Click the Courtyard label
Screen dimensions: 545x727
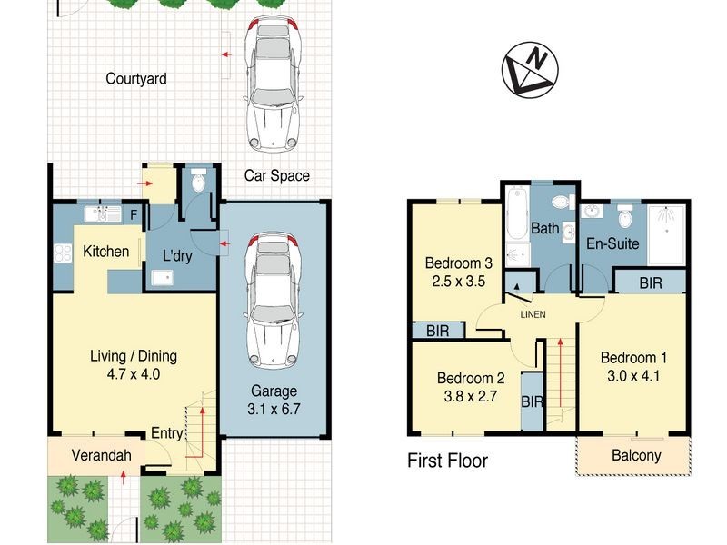(135, 79)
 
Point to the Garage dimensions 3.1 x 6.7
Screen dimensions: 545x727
(273, 409)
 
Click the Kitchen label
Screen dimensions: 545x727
(106, 252)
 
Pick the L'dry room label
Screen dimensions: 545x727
(176, 256)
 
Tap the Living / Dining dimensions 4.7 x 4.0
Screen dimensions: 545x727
(133, 372)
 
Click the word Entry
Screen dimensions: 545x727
(167, 433)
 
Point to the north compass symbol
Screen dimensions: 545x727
(531, 68)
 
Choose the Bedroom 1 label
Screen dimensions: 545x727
(628, 356)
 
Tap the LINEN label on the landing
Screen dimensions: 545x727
(533, 314)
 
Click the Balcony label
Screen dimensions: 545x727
(636, 456)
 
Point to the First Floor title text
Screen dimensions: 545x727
(447, 461)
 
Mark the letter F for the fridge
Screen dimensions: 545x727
(134, 215)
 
